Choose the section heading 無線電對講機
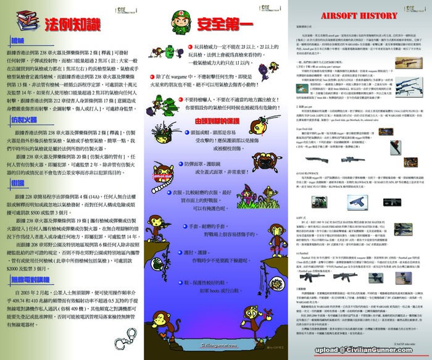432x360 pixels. click(x=31, y=278)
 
